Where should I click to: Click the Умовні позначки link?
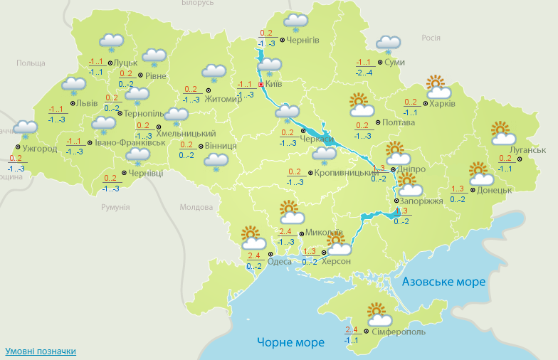click(x=41, y=351)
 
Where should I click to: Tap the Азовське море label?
click(x=443, y=282)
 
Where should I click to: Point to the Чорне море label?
click(x=290, y=342)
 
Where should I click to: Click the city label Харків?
click(x=443, y=103)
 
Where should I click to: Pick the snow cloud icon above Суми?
click(x=388, y=45)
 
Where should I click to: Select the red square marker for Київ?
click(x=260, y=84)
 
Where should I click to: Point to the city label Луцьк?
click(x=111, y=63)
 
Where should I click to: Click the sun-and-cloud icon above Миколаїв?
click(x=289, y=211)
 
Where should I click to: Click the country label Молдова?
click(x=196, y=207)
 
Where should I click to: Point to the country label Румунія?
click(x=115, y=207)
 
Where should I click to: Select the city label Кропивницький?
click(x=340, y=173)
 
